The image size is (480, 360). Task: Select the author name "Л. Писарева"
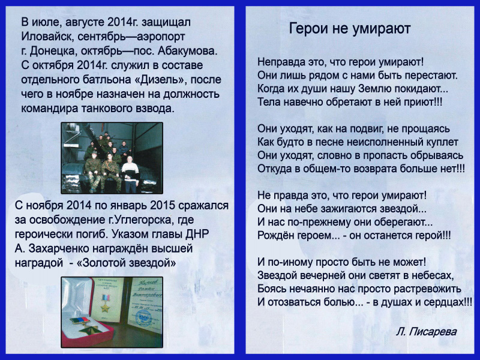click(426, 332)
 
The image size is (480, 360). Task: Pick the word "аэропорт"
click(161, 37)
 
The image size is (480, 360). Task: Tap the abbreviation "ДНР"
click(197, 234)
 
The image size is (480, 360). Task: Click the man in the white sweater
click(131, 174)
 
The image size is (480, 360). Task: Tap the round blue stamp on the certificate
click(143, 317)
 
